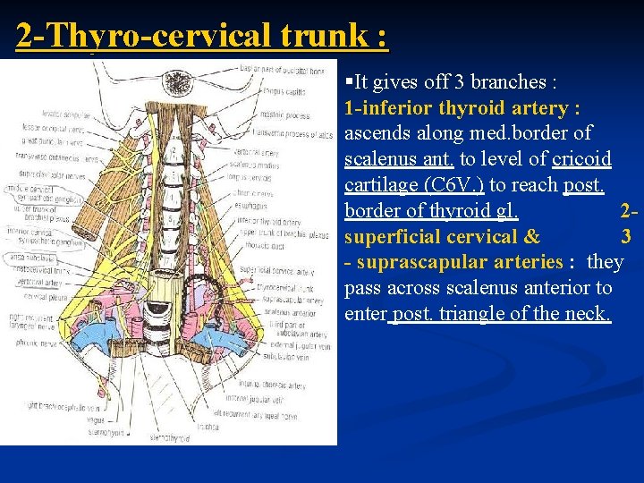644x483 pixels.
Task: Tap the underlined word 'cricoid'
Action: coord(581,159)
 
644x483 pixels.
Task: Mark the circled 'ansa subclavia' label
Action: coord(29,258)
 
